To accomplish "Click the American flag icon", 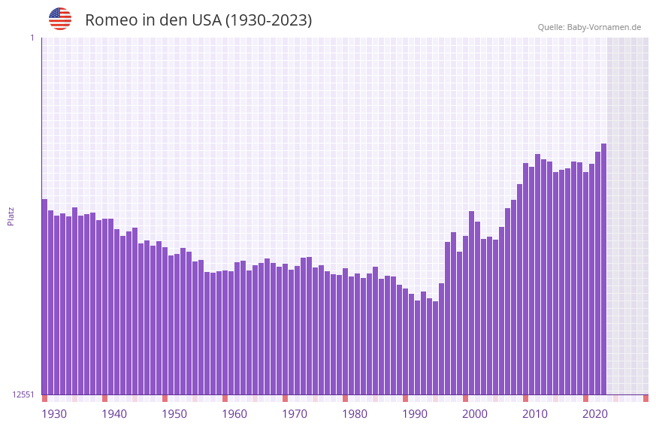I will [60, 19].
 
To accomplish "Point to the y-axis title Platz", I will [11, 216].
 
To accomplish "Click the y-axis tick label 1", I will [32, 38].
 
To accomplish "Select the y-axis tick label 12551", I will [24, 394].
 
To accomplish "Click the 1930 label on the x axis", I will [54, 413].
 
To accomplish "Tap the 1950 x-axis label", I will [174, 413].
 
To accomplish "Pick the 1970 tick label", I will [295, 413].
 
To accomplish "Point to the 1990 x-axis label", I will [415, 413].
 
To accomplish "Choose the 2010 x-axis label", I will [535, 413].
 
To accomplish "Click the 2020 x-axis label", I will [595, 413].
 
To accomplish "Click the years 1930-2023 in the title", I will [268, 20].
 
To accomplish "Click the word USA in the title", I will [207, 20].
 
